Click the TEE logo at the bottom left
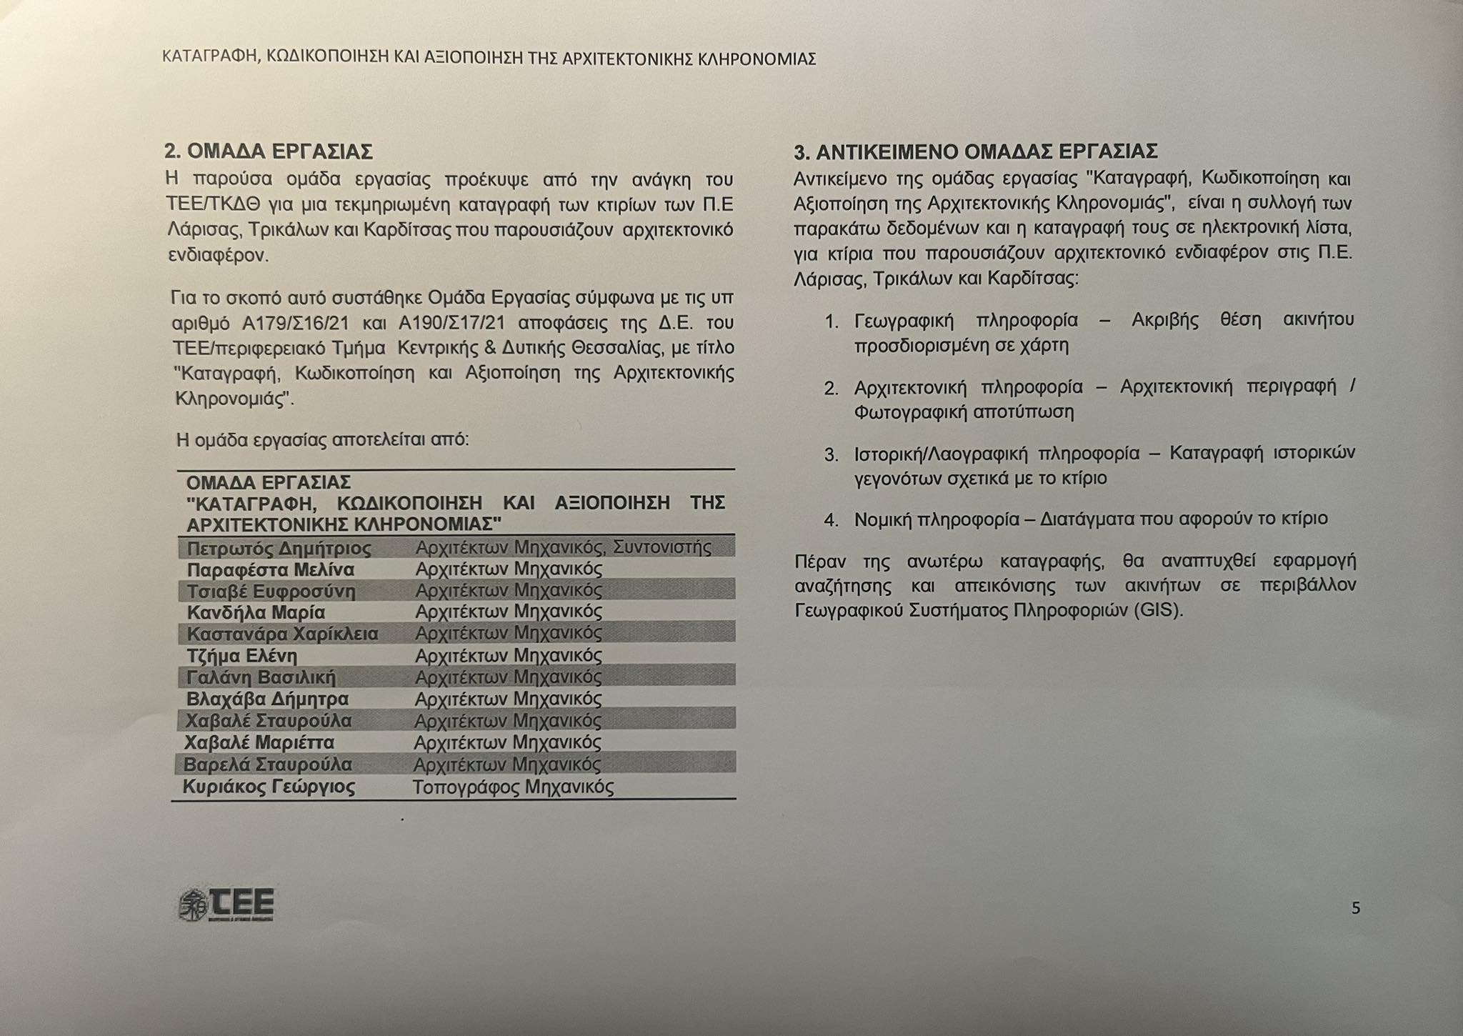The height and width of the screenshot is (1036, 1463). tap(226, 905)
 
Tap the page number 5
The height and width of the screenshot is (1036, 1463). tap(1356, 908)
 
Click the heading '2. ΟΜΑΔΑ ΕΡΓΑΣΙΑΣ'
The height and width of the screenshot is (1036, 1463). tap(269, 151)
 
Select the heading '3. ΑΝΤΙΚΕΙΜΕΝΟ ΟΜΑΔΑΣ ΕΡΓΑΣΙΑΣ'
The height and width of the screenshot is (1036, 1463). tap(976, 151)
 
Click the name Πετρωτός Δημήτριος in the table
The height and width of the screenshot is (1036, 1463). tap(279, 549)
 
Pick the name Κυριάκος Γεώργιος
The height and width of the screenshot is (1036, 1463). tap(269, 787)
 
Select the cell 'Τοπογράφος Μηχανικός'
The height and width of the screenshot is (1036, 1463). tap(513, 787)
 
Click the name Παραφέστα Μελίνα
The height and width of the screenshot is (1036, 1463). tap(271, 570)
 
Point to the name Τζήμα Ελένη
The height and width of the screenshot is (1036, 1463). tap(242, 656)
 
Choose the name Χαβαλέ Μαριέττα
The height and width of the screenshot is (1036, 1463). tap(259, 742)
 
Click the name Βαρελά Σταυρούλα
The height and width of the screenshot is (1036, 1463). tap(268, 764)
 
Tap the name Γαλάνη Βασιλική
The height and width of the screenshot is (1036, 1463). tap(261, 677)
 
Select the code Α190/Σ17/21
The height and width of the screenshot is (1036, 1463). tap(451, 324)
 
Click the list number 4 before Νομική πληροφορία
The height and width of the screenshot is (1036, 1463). tap(831, 519)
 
